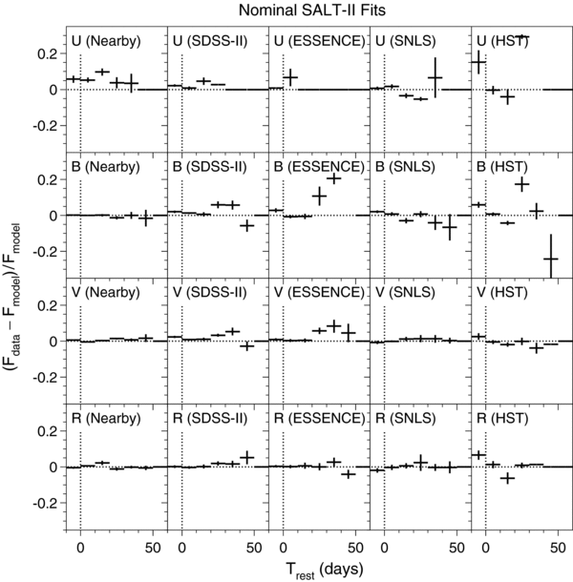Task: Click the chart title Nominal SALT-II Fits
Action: tap(307, 10)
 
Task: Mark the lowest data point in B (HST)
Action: tap(550, 258)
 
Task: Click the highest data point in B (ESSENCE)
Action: tap(334, 178)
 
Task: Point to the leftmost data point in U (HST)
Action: tap(479, 63)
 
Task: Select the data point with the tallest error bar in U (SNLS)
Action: tap(435, 76)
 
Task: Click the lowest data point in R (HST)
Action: tap(508, 477)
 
